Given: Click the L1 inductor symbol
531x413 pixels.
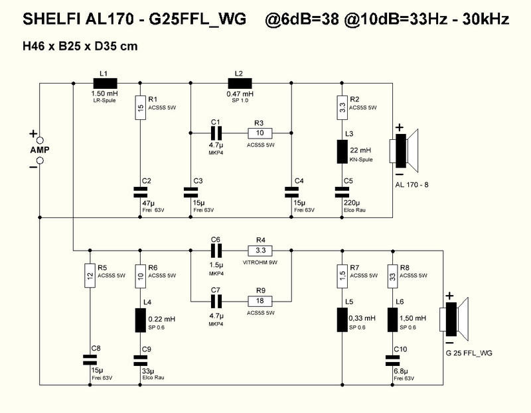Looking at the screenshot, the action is point(105,84).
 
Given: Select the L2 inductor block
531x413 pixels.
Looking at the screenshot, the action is point(240,84).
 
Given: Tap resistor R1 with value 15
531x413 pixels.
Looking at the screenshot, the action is point(141,107).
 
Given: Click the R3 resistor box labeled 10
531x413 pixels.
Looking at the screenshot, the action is point(260,133).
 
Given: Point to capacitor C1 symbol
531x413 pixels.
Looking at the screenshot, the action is point(216,133).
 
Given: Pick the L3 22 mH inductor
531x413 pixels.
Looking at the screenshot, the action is point(342,151).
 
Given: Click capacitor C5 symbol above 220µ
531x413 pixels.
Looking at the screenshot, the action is point(342,192).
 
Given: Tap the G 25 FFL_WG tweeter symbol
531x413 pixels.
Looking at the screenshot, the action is point(454,320).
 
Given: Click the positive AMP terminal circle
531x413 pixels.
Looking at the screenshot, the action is point(40,140).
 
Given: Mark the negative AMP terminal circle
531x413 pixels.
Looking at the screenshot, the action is point(40,160).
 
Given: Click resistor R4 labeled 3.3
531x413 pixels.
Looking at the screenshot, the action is point(260,251).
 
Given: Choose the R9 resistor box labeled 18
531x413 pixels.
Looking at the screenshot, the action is point(260,301).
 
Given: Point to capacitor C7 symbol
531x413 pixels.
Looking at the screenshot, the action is point(216,301).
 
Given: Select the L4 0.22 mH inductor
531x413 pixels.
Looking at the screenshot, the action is point(141,320).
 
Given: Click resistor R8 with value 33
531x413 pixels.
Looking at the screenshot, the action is point(393,276).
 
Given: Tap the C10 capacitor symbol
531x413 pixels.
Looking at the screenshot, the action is point(393,360).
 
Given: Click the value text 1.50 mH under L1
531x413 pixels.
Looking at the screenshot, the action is point(105,93).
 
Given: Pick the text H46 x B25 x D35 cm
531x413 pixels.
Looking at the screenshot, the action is point(80,46).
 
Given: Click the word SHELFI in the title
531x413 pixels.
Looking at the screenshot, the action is point(52,19).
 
